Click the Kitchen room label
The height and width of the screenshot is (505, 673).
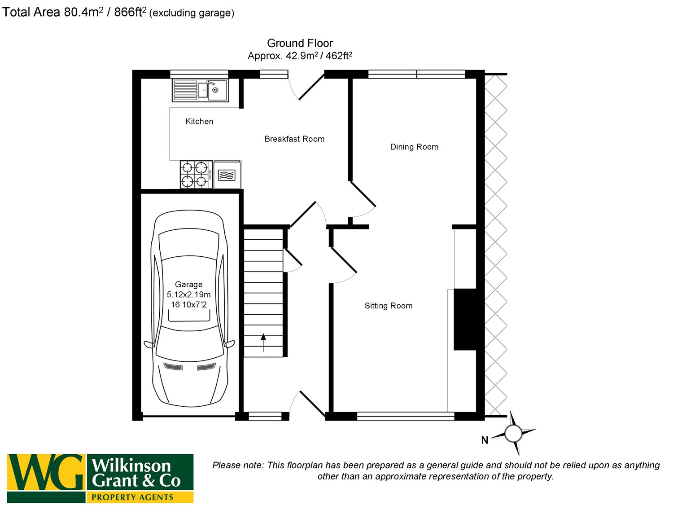pos(199,121)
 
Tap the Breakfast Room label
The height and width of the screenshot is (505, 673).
pos(294,139)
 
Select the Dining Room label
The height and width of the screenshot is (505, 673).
pos(414,147)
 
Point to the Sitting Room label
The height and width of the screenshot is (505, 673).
pos(389,306)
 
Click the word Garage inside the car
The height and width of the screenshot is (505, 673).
pos(188,285)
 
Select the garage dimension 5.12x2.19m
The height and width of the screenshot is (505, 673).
pos(188,294)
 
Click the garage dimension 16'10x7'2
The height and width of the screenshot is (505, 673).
pos(188,305)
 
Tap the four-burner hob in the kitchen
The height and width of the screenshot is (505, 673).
pos(196,174)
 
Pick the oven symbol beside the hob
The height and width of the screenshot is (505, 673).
pos(227,174)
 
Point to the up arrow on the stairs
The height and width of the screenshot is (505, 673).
pos(263,343)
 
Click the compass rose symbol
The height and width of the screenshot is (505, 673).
pos(514,434)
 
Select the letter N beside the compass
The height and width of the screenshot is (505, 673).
pos(485,440)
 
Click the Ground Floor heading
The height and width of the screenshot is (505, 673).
pos(300,44)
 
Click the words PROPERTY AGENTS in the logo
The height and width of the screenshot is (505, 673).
pos(132,497)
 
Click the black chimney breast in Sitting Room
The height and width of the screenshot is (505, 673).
pos(465,319)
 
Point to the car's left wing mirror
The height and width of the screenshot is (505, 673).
pos(149,344)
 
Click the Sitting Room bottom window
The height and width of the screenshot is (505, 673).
pos(406,417)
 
